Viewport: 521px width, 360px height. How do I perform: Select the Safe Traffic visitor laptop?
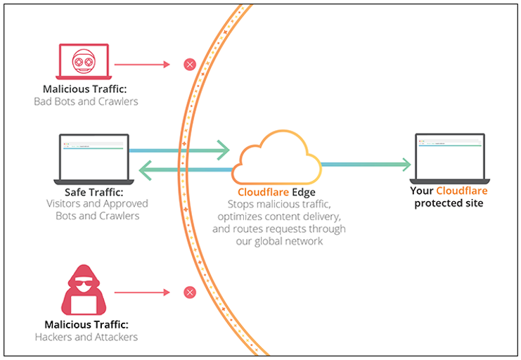tap(93, 159)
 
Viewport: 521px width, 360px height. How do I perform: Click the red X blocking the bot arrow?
tap(189, 65)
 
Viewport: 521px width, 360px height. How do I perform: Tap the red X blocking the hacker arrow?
tap(189, 292)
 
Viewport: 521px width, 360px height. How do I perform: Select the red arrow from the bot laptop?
tap(142, 65)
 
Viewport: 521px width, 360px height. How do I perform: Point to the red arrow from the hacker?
tap(142, 292)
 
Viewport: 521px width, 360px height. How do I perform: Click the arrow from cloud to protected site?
tap(366, 165)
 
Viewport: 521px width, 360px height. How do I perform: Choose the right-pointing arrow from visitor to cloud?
tap(180, 150)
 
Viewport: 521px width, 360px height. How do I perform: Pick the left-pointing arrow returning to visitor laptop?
tap(186, 169)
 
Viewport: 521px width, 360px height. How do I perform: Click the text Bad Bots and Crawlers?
tap(86, 101)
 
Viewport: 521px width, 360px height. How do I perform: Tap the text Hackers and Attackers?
tap(86, 337)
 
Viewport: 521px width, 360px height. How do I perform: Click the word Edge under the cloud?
tap(304, 192)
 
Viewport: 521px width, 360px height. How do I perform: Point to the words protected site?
tap(449, 203)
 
